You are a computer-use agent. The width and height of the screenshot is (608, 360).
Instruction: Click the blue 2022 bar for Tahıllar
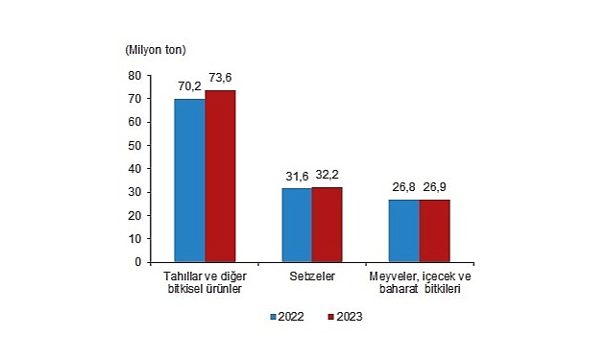point(189,180)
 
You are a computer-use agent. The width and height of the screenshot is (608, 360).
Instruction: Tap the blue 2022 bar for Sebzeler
point(297,225)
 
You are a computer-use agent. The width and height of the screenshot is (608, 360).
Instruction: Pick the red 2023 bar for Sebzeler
point(327,224)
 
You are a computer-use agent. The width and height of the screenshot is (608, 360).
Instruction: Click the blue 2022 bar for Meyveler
point(404,230)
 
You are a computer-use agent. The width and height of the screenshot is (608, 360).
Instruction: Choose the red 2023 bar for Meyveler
point(434,230)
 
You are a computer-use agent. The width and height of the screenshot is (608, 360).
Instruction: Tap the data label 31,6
point(296,178)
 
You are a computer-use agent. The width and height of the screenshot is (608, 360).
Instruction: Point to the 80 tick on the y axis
point(134,75)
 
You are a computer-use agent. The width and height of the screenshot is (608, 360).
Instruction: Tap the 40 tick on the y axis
point(134,168)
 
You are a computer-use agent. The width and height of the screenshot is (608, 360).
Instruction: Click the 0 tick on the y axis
point(137,261)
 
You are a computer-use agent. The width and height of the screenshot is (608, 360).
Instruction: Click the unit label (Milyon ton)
point(156,49)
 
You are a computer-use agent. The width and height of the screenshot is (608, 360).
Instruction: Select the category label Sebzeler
point(311,276)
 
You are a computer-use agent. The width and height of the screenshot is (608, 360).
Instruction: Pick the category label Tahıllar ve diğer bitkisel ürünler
point(205,282)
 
